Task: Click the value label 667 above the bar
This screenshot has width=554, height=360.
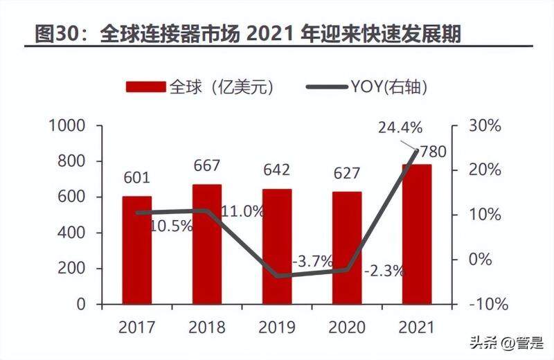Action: (206, 165)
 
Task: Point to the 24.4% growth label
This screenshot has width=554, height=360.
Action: (399, 127)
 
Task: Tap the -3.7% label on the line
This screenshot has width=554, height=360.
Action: (312, 262)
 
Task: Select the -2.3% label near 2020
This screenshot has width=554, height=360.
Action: (384, 271)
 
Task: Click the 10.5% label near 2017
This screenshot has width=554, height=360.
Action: (171, 226)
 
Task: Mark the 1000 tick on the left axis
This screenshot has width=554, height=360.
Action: (67, 126)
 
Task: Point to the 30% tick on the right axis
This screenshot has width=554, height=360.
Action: (484, 126)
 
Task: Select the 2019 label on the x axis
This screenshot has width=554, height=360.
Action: (276, 327)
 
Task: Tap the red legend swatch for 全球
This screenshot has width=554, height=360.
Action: (145, 87)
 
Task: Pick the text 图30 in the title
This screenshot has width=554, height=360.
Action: (53, 32)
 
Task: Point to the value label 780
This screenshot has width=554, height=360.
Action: (434, 152)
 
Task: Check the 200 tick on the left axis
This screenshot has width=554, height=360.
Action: (72, 269)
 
